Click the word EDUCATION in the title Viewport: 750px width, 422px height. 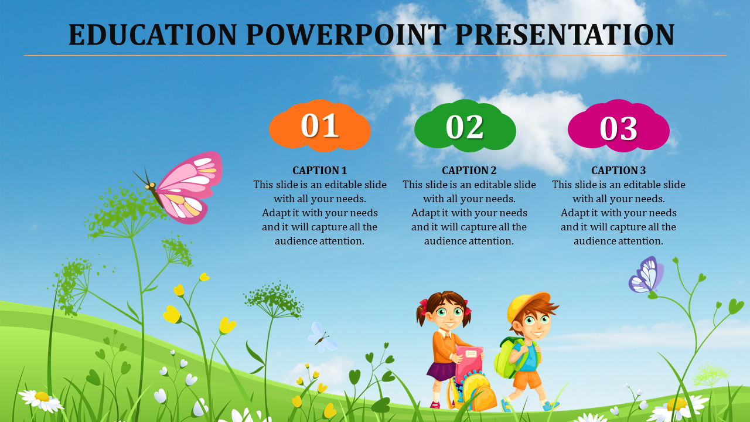(153, 34)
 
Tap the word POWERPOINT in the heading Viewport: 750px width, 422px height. (346, 34)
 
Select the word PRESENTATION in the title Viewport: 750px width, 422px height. (565, 34)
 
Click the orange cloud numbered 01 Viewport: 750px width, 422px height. (320, 125)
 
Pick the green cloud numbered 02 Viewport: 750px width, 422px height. (465, 125)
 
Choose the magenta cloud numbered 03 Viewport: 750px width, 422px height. (618, 125)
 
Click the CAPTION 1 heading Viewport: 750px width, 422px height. (319, 170)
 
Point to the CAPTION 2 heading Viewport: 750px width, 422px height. (469, 170)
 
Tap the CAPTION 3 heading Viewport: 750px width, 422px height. (618, 170)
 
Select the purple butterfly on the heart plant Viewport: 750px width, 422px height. (646, 275)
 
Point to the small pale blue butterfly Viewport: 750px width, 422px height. (322, 337)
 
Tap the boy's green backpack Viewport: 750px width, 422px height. (506, 358)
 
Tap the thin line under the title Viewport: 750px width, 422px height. (375, 55)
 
